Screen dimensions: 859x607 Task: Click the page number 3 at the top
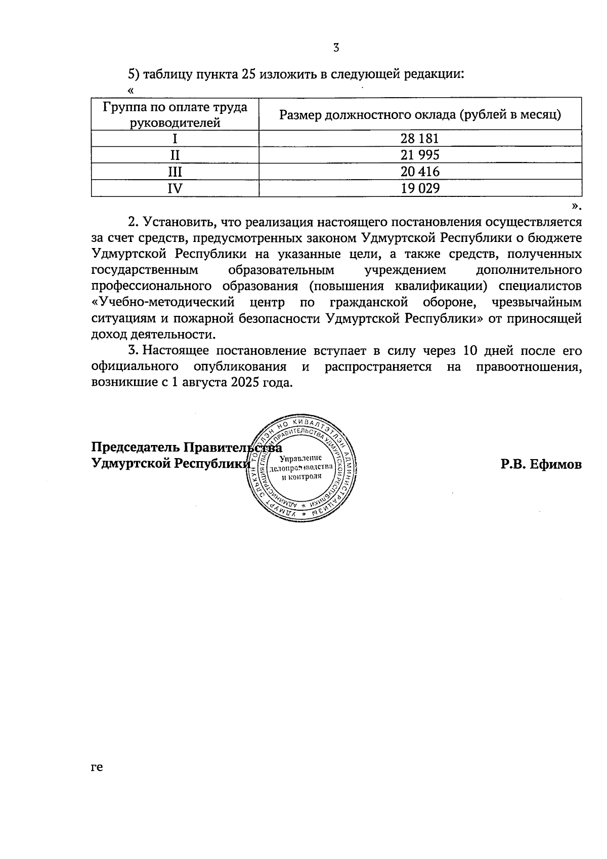point(336,49)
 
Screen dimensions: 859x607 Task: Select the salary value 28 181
point(420,139)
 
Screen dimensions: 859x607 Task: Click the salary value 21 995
point(420,155)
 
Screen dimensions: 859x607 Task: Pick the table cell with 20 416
point(420,172)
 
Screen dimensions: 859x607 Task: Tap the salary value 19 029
point(420,188)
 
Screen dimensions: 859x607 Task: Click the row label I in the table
point(175,139)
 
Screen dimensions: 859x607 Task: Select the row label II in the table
point(175,155)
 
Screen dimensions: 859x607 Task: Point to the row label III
point(175,172)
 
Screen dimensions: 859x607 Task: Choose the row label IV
point(175,188)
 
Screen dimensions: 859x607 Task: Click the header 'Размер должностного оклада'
point(420,114)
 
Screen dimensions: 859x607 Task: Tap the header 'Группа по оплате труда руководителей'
point(175,114)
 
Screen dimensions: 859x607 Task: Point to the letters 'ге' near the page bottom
point(97,767)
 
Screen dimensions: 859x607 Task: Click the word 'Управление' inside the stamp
point(301,458)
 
